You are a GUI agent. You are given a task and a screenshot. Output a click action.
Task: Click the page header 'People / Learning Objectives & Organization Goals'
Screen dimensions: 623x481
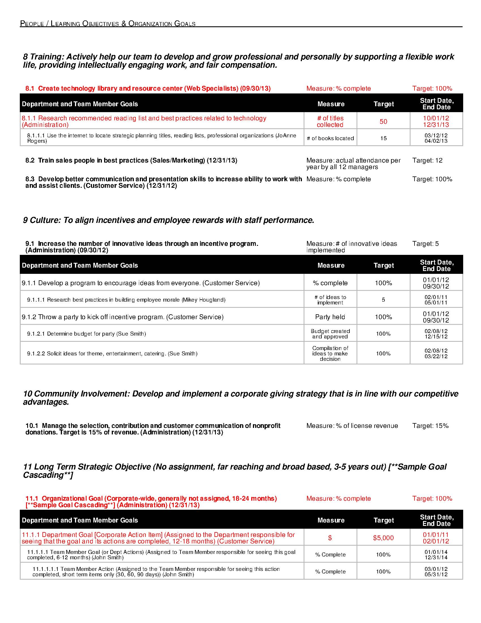[x=108, y=24]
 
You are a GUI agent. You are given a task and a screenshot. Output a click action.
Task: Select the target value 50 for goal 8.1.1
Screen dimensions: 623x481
[x=383, y=121]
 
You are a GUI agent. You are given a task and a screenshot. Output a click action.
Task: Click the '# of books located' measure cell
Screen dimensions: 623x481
[x=330, y=138]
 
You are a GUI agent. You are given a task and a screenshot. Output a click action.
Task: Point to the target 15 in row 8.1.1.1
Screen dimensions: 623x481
[x=383, y=138]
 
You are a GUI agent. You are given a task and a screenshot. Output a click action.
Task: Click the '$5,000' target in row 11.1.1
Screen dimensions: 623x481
[x=383, y=538]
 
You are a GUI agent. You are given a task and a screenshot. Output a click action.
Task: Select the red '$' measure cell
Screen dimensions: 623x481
[x=330, y=538]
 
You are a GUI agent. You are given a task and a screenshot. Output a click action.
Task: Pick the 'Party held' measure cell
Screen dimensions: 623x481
[x=330, y=317]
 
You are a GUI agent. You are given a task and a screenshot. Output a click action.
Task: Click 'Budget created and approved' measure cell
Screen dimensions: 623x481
[x=330, y=334]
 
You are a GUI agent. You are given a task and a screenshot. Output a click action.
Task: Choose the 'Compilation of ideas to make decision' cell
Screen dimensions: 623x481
[x=330, y=353]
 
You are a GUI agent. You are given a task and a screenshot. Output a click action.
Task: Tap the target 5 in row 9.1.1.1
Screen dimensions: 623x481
[x=383, y=300]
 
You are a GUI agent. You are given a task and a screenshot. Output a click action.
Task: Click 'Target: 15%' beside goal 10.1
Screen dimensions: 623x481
[x=430, y=426]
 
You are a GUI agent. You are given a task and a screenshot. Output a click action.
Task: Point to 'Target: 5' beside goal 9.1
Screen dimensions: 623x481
[x=426, y=244]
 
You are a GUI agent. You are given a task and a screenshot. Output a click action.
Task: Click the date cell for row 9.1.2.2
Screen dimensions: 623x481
[x=436, y=353]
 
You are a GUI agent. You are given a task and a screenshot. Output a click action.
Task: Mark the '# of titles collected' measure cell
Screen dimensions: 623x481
[x=330, y=121]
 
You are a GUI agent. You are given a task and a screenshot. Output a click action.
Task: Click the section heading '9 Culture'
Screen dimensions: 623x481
[x=168, y=220]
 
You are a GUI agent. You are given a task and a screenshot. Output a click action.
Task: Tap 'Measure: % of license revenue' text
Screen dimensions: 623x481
[x=352, y=426]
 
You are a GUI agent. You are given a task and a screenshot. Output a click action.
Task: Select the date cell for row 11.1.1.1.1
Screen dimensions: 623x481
[x=436, y=572]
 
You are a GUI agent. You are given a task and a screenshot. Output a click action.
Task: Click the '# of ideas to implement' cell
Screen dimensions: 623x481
[x=330, y=300]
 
